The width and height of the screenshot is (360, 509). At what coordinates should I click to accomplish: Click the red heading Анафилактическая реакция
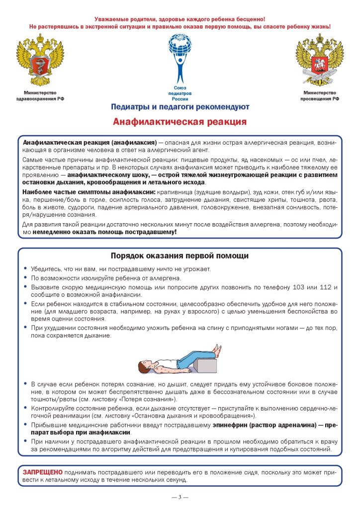pyautogui.click(x=180, y=121)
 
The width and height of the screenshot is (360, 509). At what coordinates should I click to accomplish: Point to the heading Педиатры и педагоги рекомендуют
pyautogui.click(x=180, y=106)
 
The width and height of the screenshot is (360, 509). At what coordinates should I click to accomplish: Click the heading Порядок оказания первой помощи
pyautogui.click(x=180, y=255)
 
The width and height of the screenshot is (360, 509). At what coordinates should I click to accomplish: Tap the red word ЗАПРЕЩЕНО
pyautogui.click(x=43, y=471)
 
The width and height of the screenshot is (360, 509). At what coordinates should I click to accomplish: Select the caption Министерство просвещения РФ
pyautogui.click(x=319, y=95)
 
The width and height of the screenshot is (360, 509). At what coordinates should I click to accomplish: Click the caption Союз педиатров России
pyautogui.click(x=180, y=93)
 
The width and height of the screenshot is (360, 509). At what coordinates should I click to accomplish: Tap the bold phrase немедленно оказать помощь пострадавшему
pyautogui.click(x=104, y=232)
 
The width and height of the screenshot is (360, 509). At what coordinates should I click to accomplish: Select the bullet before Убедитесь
pyautogui.click(x=25, y=269)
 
